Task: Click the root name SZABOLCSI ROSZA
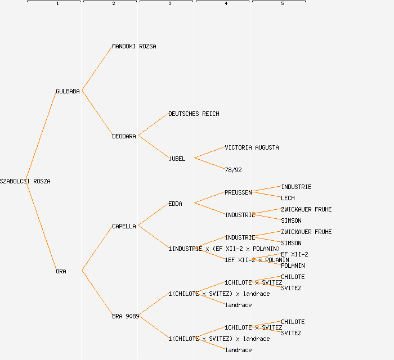coord(25,181)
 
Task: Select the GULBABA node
coord(68,91)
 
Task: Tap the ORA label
coord(61,271)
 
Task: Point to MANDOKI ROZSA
coord(134,46)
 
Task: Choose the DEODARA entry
coord(124,136)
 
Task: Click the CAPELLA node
coord(124,226)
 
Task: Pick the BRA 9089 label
coord(125,316)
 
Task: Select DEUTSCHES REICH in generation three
coord(194,114)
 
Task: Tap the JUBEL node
coord(177,159)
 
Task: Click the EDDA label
coord(175,204)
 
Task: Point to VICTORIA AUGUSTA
coord(252,147)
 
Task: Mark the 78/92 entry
coord(233,170)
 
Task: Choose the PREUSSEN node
coord(238,192)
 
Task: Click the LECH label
coord(288,198)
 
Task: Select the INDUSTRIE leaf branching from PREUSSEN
coord(296,187)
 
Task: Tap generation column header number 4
coord(226,4)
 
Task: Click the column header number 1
coord(57,4)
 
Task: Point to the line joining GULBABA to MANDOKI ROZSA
coord(97,69)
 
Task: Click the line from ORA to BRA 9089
coord(97,293)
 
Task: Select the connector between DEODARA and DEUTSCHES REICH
coord(153,125)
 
